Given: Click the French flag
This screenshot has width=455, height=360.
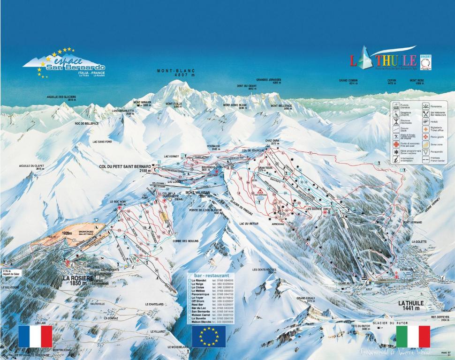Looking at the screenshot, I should [x=35, y=336].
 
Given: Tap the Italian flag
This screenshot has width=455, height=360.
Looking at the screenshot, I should [x=413, y=336].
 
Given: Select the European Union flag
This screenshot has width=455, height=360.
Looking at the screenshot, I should [x=209, y=336].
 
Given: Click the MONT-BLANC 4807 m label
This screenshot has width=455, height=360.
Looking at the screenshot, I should [x=175, y=73].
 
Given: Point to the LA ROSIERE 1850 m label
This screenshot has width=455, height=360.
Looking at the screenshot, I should [x=78, y=280].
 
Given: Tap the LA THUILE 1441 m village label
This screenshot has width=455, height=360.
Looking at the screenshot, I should [x=411, y=306].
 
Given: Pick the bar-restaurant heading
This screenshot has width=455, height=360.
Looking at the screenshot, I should [x=208, y=276].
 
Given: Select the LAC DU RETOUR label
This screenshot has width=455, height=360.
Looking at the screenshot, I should [x=249, y=224].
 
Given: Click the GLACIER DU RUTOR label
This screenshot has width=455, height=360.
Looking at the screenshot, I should [x=390, y=323].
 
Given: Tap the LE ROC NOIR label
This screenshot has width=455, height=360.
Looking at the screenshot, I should [x=118, y=202].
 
